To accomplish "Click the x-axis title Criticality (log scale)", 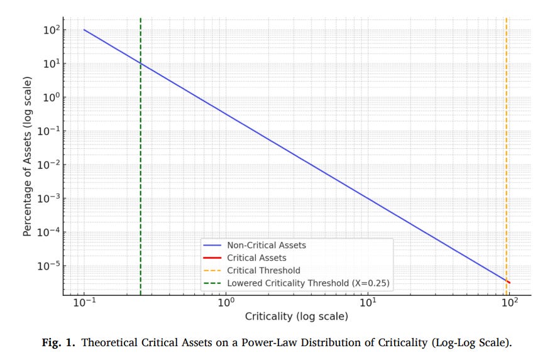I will pyautogui.click(x=296, y=317).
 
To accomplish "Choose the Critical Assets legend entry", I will pyautogui.click(x=256, y=258).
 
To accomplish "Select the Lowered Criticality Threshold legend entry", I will pyautogui.click(x=308, y=283).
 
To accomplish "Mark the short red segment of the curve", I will pyautogui.click(x=508, y=281).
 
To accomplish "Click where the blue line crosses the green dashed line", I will pyautogui.click(x=140, y=63).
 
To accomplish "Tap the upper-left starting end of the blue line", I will pyautogui.click(x=84, y=30).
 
